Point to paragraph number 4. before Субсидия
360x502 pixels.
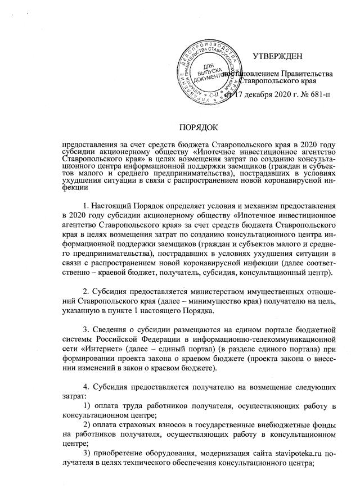tap(85, 393)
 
